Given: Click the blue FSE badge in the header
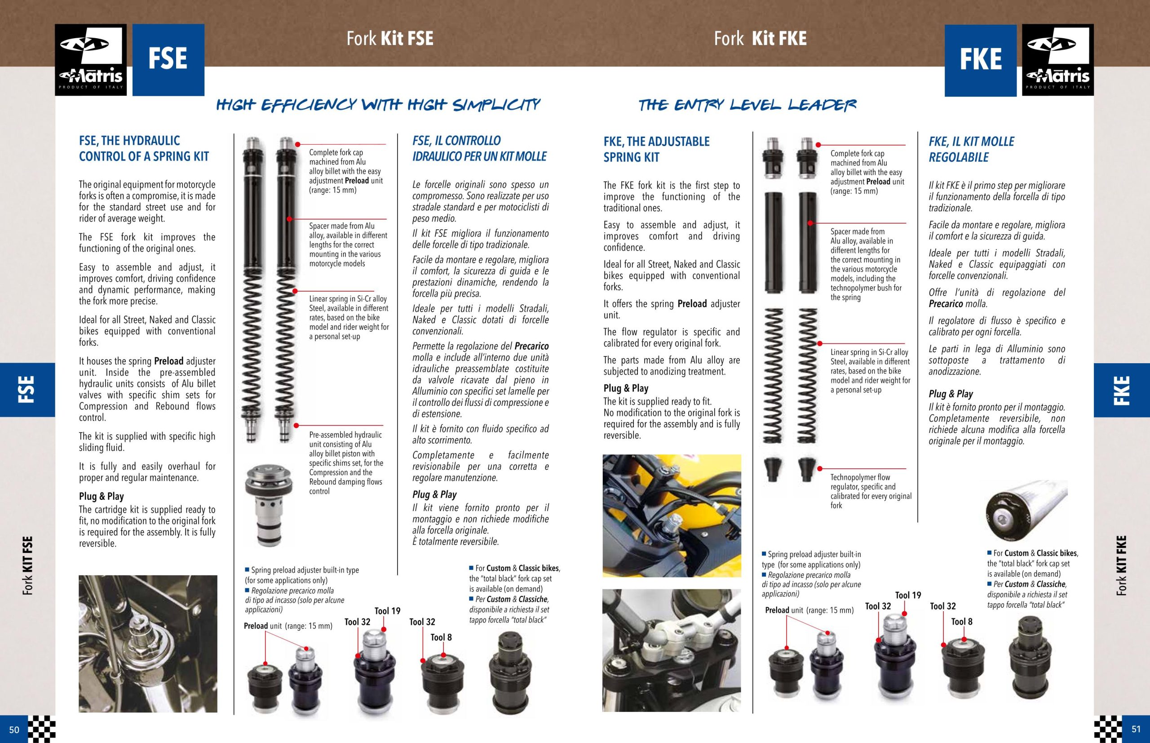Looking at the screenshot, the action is point(168,60).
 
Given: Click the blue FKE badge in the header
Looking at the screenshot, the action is point(981,60).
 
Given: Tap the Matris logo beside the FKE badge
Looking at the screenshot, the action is point(1058,60).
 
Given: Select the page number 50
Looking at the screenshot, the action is point(14,730).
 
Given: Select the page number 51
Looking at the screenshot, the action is point(1136,730).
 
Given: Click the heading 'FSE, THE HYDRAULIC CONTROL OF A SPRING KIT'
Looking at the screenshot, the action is point(144,149).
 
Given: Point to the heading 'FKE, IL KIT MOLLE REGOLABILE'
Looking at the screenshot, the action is point(972,150).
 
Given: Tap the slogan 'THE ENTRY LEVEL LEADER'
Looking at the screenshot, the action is point(747,105).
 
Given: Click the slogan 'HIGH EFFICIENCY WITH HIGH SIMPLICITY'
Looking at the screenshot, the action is point(379,104).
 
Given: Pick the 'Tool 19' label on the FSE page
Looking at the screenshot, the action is point(388,611).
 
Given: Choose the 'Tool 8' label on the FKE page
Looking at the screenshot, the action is point(962,622).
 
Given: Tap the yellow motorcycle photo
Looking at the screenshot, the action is point(672,516).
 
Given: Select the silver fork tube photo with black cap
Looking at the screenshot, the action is point(1026,511).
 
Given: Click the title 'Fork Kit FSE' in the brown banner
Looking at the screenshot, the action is point(390,39).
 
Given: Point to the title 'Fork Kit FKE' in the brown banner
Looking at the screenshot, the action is point(761,39).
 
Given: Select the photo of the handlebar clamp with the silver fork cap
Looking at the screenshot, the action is point(672,650).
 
